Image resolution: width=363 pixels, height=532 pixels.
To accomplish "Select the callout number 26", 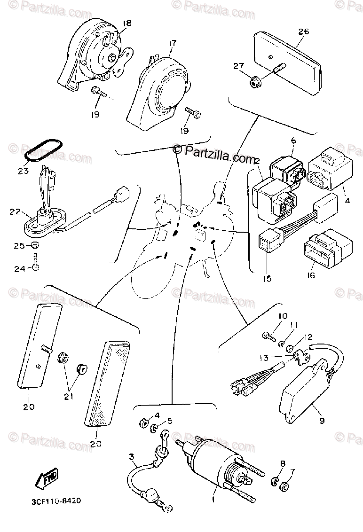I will tap(303, 32).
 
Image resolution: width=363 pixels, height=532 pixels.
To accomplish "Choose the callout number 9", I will tap(322, 421).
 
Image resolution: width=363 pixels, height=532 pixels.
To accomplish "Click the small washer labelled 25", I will tap(35, 246).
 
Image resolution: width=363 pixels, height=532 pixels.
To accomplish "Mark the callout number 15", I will tap(267, 279).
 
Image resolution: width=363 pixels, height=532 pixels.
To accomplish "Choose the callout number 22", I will tap(15, 212).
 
